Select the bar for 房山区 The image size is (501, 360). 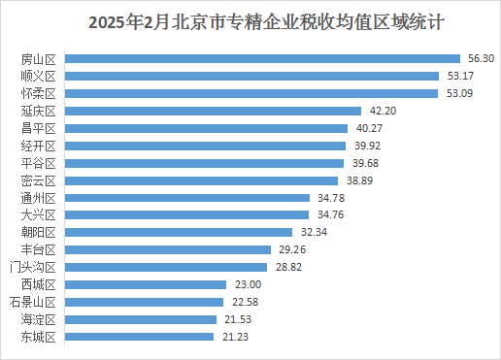(x=263, y=58)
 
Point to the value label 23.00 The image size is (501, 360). (x=248, y=284)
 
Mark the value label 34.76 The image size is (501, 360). (x=329, y=215)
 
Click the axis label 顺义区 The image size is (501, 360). (x=40, y=76)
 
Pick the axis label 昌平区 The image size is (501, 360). (x=40, y=128)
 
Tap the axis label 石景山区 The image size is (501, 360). (x=36, y=302)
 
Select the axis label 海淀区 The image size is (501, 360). (x=40, y=319)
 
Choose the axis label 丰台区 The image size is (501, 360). (x=40, y=249)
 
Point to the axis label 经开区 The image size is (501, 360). (x=40, y=146)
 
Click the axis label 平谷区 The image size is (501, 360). (x=40, y=163)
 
